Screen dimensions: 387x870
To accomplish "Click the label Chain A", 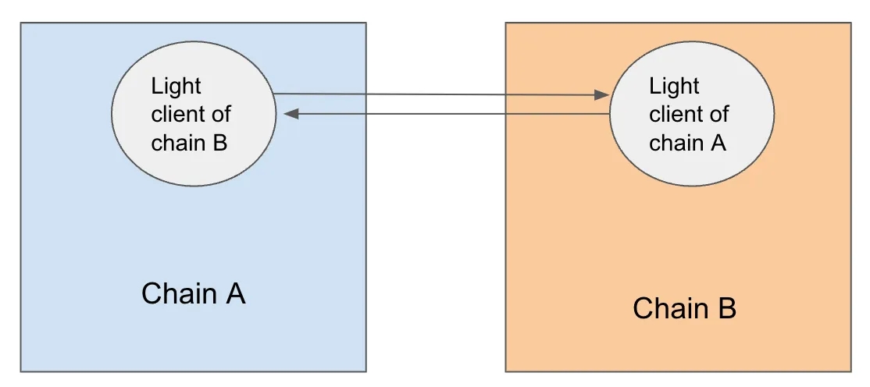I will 194,293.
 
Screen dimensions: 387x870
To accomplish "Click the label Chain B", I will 684,308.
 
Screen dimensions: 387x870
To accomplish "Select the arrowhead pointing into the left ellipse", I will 291,114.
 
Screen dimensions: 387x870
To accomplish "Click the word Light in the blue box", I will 176,86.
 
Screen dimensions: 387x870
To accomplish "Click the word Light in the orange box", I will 674,86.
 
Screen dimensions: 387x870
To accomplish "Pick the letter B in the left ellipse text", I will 219,143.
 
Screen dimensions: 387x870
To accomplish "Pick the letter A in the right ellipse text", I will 718,143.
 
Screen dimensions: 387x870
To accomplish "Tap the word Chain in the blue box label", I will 179,293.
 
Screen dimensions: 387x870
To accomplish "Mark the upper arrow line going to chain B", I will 437,94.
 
